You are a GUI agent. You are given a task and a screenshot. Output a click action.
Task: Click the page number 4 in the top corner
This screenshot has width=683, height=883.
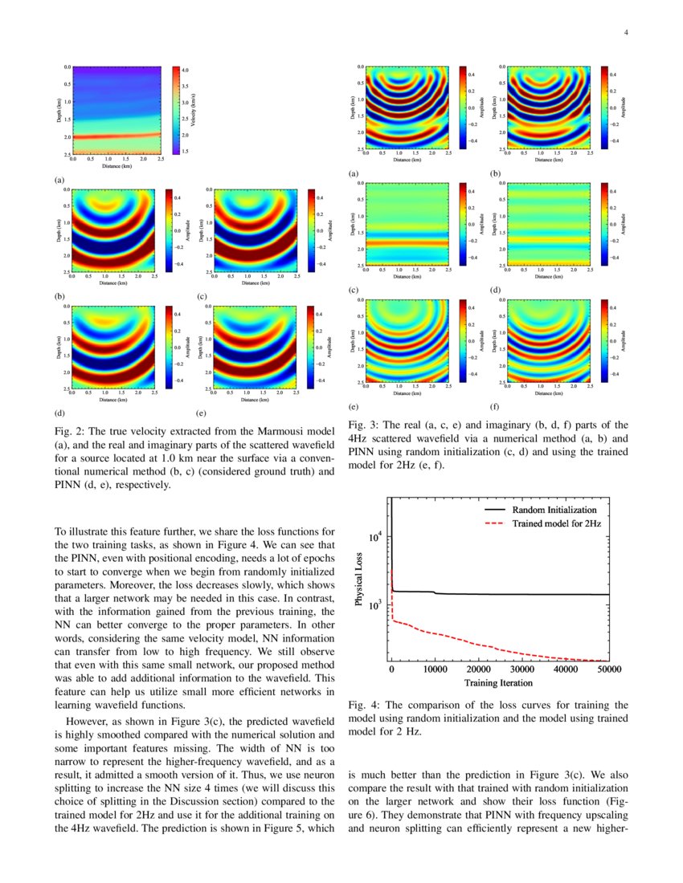click(x=625, y=32)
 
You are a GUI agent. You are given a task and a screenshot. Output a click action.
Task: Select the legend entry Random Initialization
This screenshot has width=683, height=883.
click(x=554, y=510)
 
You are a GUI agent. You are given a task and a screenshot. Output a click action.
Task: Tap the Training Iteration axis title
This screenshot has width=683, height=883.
click(x=498, y=683)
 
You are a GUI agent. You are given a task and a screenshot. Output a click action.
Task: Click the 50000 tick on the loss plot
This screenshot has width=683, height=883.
click(x=608, y=669)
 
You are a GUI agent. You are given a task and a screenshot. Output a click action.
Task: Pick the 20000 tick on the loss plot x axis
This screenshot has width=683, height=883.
click(x=478, y=669)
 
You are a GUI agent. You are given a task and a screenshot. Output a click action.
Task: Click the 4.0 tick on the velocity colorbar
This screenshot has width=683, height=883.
click(x=185, y=71)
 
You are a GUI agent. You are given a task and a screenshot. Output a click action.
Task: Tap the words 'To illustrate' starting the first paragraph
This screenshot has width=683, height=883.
click(x=79, y=531)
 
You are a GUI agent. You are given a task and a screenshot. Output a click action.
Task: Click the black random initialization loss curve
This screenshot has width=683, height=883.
click(x=522, y=594)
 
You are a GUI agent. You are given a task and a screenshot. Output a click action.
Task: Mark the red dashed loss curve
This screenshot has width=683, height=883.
click(x=482, y=645)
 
